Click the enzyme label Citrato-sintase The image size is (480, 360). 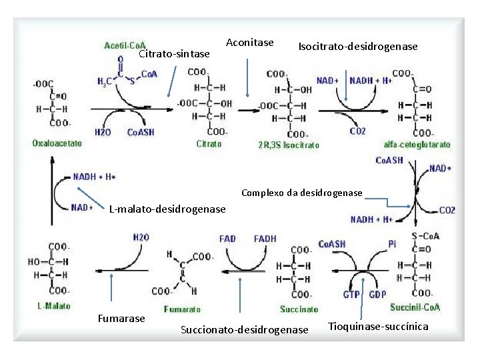pos(174,53)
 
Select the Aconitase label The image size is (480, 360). pos(250,43)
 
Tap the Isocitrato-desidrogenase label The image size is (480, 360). pos(358,47)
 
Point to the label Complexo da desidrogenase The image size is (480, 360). pos(301,193)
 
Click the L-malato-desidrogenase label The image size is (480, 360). pos(167,210)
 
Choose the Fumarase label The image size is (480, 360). pos(121,319)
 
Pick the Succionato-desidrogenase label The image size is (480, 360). pos(245,330)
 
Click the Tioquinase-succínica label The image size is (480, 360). pos(379,326)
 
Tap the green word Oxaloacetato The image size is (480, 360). pos(57,143)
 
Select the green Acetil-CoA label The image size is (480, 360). pos(125,45)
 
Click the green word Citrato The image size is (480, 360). pos(209,144)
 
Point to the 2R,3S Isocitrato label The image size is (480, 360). pos(289,145)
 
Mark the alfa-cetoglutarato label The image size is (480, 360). pos(417,145)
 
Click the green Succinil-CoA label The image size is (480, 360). pos(415,307)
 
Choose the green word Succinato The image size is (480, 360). pos(299,309)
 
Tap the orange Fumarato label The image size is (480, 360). pos(182,309)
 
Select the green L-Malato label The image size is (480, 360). pos(51,305)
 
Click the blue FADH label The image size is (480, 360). pos(265,239)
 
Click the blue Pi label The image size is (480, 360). pos(392,244)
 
